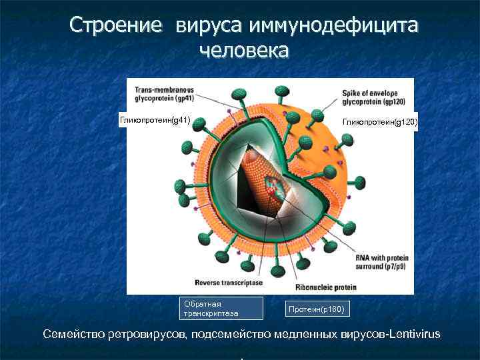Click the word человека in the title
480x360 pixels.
244,50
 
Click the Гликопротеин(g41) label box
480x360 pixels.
155,121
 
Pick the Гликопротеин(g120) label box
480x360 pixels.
379,122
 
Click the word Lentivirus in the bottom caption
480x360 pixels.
407,334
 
